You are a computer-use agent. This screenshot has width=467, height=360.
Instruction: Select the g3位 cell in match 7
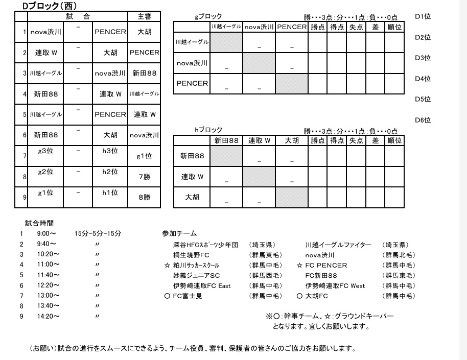pos(45,151)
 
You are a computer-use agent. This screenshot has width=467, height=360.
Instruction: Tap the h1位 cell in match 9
pos(110,193)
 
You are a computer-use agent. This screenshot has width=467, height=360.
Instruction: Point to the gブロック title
pos(208,17)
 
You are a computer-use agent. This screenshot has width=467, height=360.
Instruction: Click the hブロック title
pos(208,130)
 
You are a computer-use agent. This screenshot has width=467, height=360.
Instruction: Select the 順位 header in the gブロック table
pos(394,27)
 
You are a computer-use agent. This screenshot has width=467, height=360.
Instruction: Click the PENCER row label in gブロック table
pos(192,83)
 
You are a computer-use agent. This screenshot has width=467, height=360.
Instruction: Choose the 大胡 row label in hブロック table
pos(192,198)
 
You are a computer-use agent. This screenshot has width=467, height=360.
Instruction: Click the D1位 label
pos(423,16)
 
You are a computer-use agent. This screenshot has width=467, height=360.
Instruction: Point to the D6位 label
pos(423,121)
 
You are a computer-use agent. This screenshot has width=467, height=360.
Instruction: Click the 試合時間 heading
pos(39,223)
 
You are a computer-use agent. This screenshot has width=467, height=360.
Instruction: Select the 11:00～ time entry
pos(48,265)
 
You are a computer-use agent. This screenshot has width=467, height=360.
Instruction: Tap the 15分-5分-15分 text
pos(97,234)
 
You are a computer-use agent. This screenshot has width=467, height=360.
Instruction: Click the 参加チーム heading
pos(179,234)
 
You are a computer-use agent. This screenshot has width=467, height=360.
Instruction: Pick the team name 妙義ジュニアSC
pos(197,275)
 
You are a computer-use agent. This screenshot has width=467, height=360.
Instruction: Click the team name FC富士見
pos(188,296)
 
